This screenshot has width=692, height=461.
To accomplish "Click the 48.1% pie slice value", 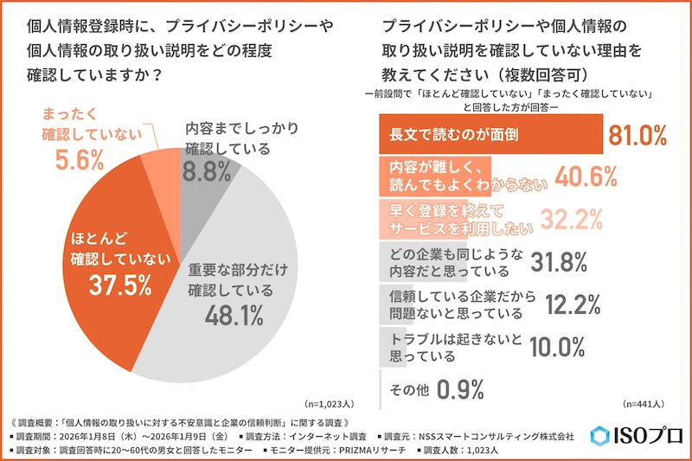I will [x=234, y=317].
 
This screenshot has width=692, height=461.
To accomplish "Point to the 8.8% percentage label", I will [x=214, y=171].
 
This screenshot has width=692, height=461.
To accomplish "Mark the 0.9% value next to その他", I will [x=459, y=388].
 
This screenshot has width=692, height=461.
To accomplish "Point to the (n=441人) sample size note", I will [x=642, y=404].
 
